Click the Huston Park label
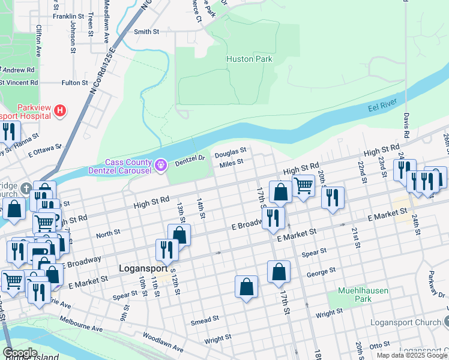tap(249, 59)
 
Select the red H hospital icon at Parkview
tap(60, 110)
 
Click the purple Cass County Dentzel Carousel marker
tap(161, 164)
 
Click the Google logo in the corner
tap(20, 353)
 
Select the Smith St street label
tap(146, 31)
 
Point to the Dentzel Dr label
tap(190, 160)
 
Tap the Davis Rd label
tap(406, 122)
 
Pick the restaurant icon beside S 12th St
tap(167, 250)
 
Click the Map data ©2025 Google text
tap(411, 355)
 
